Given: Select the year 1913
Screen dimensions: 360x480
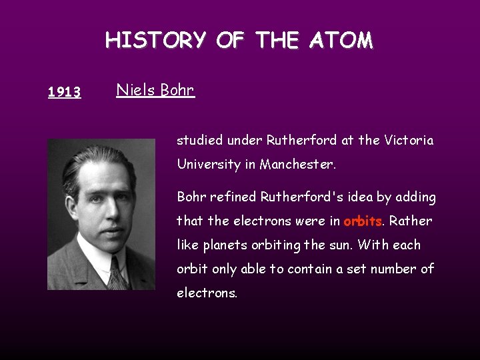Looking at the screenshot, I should (x=65, y=92).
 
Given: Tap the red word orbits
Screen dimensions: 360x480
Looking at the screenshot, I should (x=363, y=221).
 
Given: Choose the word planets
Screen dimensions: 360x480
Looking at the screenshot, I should (x=226, y=245).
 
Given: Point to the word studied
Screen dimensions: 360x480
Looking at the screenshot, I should (x=200, y=141).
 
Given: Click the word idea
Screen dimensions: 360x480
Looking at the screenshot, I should (x=339, y=197).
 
